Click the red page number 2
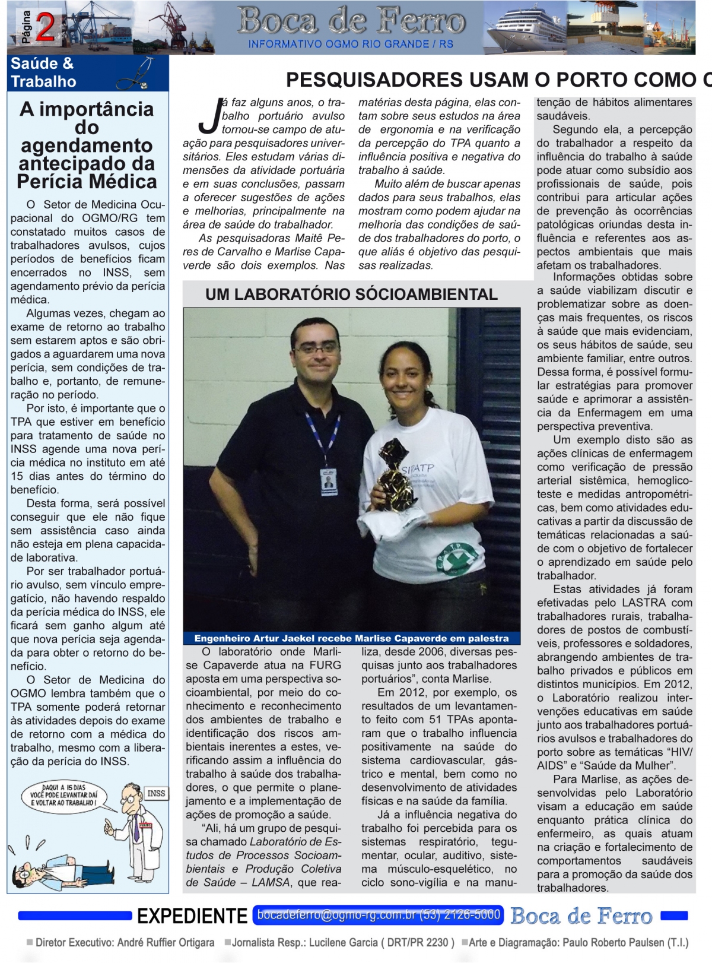pos(46,27)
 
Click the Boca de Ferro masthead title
pos(351,21)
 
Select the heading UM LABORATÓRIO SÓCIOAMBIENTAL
pos(351,294)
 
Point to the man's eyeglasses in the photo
pos(316,349)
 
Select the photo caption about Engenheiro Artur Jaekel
pos(351,639)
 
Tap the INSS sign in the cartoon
pos(156,794)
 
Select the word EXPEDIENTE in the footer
pos(192,916)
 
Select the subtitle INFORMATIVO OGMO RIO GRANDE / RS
pos(350,45)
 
